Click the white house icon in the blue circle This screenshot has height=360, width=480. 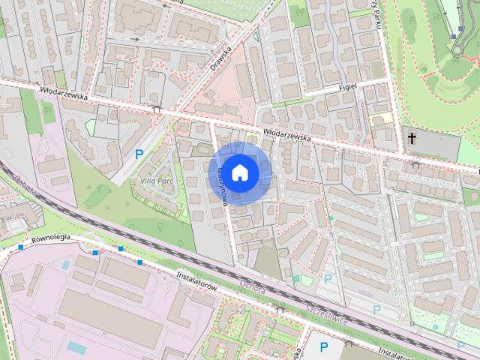(x=240, y=172)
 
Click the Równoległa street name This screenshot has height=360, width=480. (x=51, y=238)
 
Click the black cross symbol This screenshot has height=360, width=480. (x=412, y=137)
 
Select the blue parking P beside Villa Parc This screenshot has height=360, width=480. (x=139, y=154)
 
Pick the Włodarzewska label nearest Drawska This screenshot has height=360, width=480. (x=65, y=96)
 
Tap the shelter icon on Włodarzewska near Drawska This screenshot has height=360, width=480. (x=156, y=109)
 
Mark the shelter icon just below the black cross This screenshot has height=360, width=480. (x=415, y=164)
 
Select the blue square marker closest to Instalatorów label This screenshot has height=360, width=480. (x=139, y=262)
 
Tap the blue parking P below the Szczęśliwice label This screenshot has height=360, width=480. (x=324, y=346)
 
